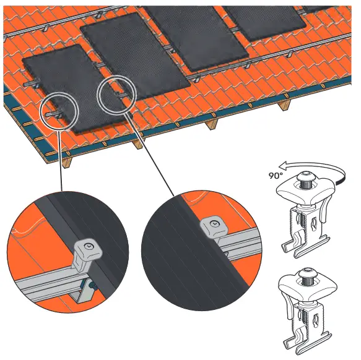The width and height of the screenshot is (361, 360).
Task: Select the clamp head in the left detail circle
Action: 85,249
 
